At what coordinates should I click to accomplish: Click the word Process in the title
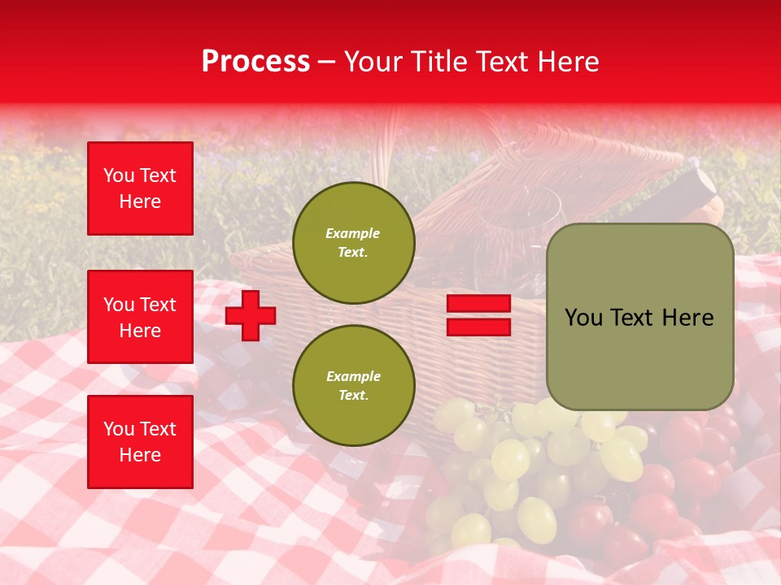click(x=255, y=62)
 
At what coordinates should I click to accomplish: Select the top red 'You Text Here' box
click(x=140, y=188)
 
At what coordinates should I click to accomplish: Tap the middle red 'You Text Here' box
click(x=140, y=317)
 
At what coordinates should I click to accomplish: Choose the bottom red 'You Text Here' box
click(x=140, y=441)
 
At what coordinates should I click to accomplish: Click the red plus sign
click(x=251, y=315)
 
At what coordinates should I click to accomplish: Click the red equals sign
click(x=478, y=315)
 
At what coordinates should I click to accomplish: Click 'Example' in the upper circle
click(x=353, y=233)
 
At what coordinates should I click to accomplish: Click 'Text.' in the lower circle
click(x=353, y=396)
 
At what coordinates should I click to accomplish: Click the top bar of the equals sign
click(x=478, y=304)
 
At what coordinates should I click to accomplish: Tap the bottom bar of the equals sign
click(x=478, y=327)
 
